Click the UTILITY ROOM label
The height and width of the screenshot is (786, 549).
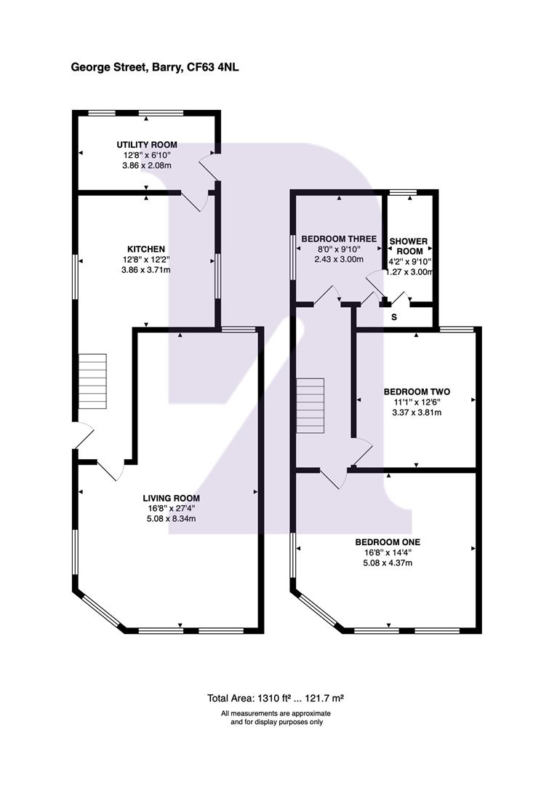(147, 145)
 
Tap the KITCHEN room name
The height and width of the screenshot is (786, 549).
(145, 249)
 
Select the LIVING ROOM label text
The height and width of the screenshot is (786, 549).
(172, 499)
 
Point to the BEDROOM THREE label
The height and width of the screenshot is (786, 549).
(339, 239)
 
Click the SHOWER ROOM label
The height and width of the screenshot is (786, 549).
(409, 246)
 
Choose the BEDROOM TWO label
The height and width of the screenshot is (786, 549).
(417, 392)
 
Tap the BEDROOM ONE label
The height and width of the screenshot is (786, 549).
(388, 542)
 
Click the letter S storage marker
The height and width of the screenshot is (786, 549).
(394, 317)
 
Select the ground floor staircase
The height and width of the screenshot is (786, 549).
(92, 381)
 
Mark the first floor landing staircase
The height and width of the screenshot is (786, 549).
(310, 405)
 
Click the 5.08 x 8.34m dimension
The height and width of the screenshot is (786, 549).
(172, 519)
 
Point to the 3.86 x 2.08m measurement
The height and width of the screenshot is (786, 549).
(147, 165)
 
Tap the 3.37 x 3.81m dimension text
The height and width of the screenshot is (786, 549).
(417, 413)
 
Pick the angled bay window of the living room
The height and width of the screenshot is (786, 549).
(100, 611)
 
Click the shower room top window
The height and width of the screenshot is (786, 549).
(404, 192)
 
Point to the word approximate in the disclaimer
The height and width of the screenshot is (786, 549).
(311, 713)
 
